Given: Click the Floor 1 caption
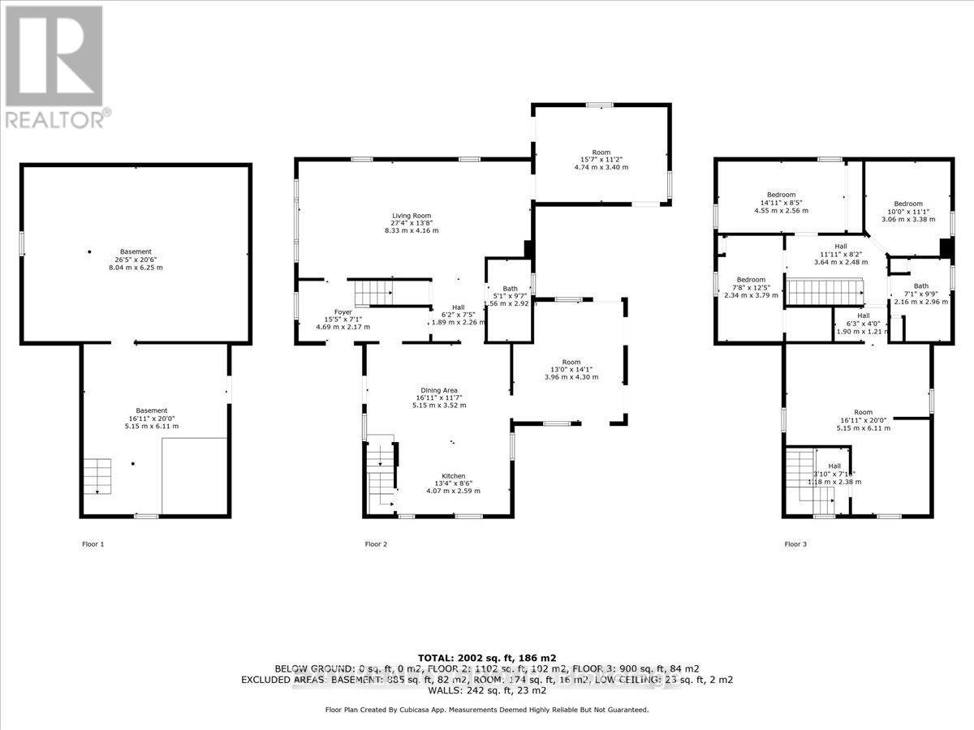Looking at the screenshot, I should pos(93,544).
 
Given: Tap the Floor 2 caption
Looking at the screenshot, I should pos(376,544).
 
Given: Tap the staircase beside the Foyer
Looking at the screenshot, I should pos(373,290).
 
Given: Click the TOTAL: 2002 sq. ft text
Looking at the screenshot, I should pos(486,657).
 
